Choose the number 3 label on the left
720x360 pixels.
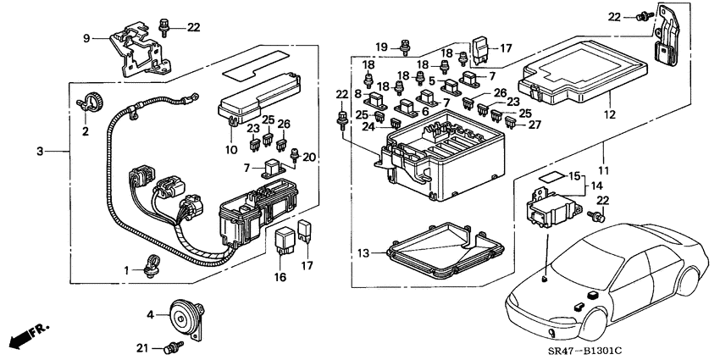point(39,152)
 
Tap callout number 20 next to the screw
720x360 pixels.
point(311,157)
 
